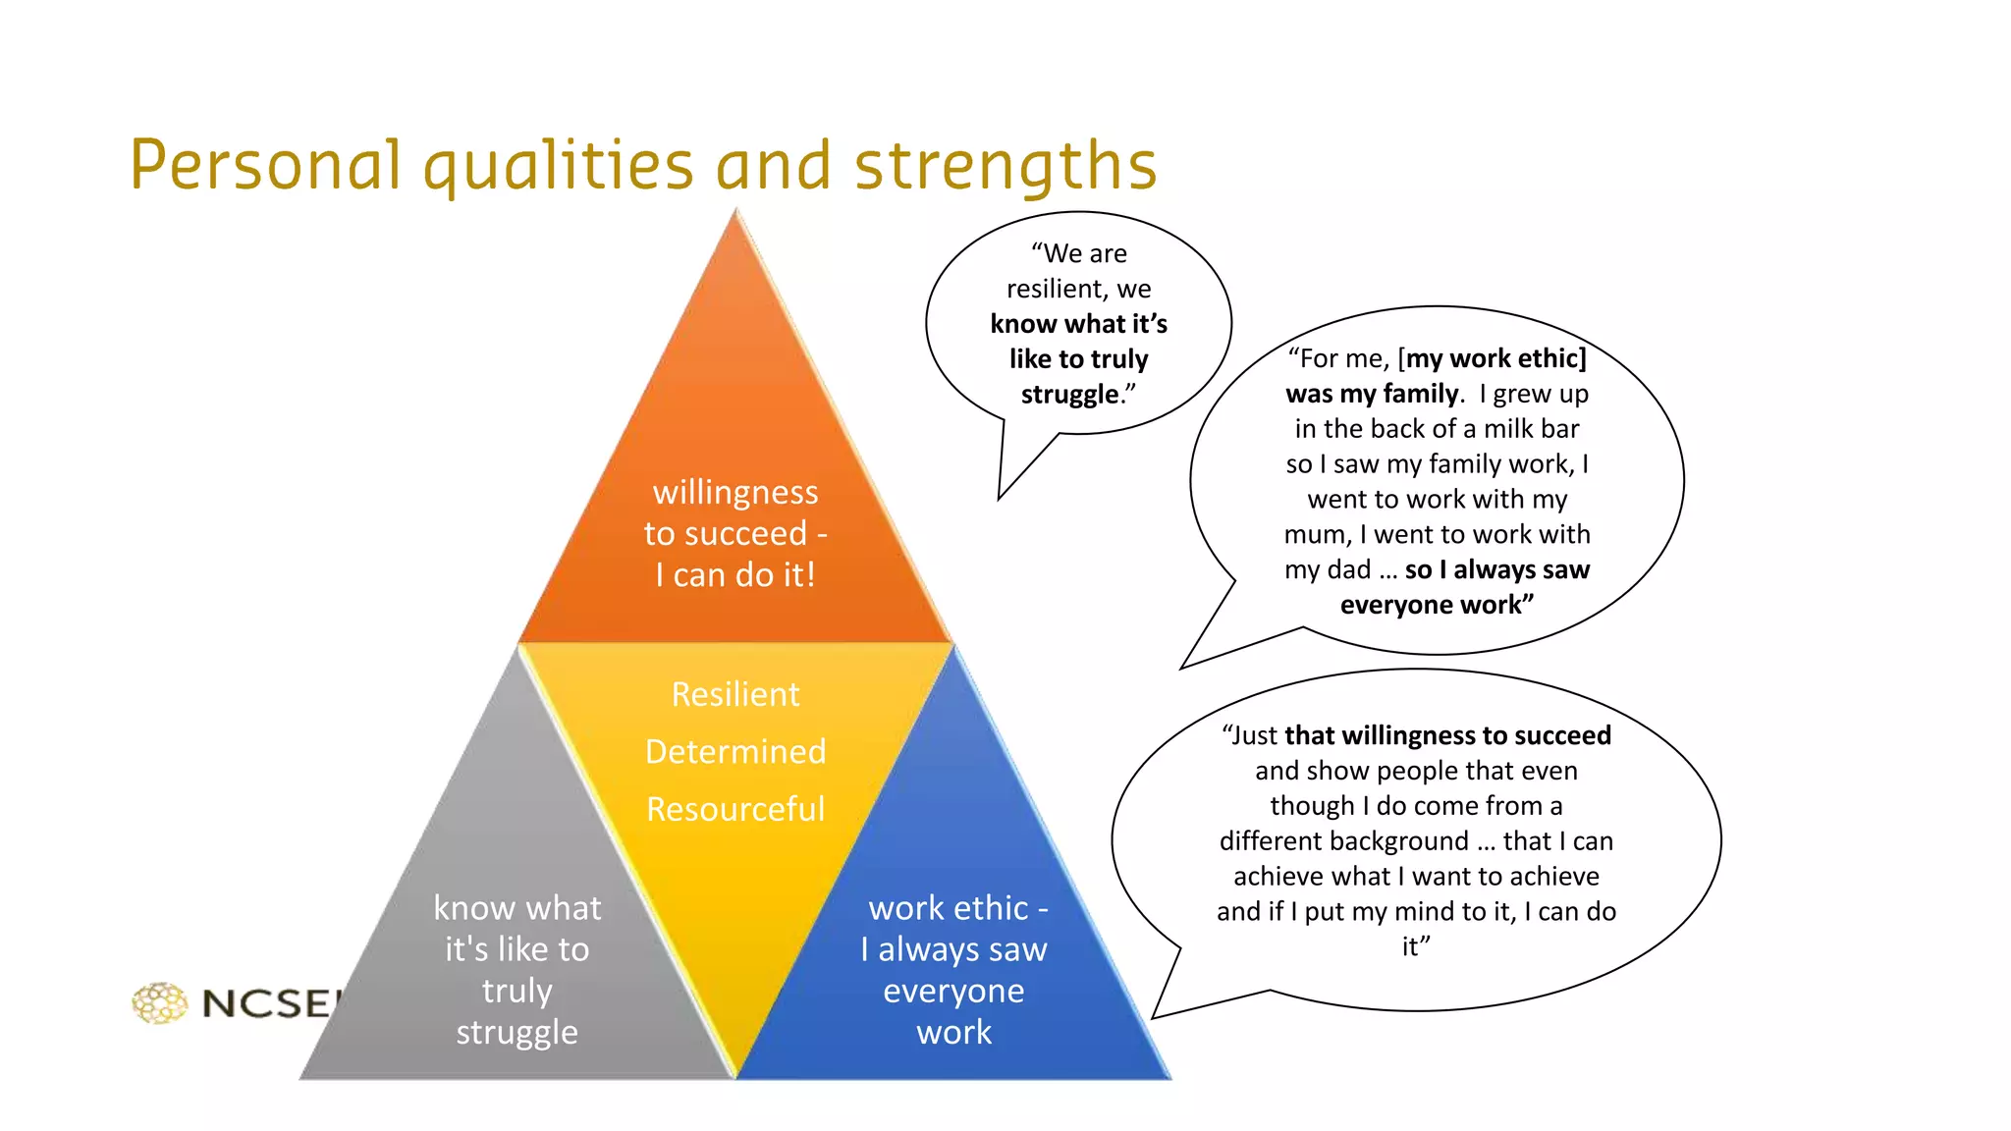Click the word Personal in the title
pos(265,165)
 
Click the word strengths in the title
pos(1005,165)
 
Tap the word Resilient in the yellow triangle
pos(735,694)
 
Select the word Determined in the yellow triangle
pos(735,751)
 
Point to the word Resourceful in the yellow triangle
pos(735,809)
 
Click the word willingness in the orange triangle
pos(735,492)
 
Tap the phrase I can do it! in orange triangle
pos(735,574)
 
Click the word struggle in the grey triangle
pos(516,1032)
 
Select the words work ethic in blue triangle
pos(948,908)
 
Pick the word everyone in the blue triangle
pos(953,991)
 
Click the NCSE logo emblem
pos(159,1002)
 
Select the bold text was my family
pos(1372,394)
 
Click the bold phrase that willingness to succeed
pos(1447,735)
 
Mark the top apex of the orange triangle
pos(736,211)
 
